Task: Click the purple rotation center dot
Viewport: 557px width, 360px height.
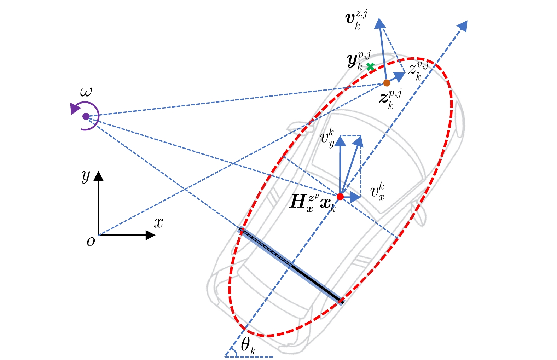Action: pyautogui.click(x=86, y=116)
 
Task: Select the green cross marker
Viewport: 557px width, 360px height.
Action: pyautogui.click(x=370, y=66)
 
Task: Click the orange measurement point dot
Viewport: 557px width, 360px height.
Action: pyautogui.click(x=387, y=83)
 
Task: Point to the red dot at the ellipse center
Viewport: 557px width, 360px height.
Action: pyautogui.click(x=340, y=197)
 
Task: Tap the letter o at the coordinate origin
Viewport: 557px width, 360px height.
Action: pyautogui.click(x=91, y=242)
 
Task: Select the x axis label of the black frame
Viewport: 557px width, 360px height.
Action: pyautogui.click(x=158, y=223)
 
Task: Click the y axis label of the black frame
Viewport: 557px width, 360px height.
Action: pyautogui.click(x=86, y=176)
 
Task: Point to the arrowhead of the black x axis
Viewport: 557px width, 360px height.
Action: pyautogui.click(x=151, y=235)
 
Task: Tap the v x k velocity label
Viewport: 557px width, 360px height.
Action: pyautogui.click(x=377, y=192)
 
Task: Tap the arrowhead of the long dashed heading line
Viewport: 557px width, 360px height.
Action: pyautogui.click(x=463, y=25)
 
